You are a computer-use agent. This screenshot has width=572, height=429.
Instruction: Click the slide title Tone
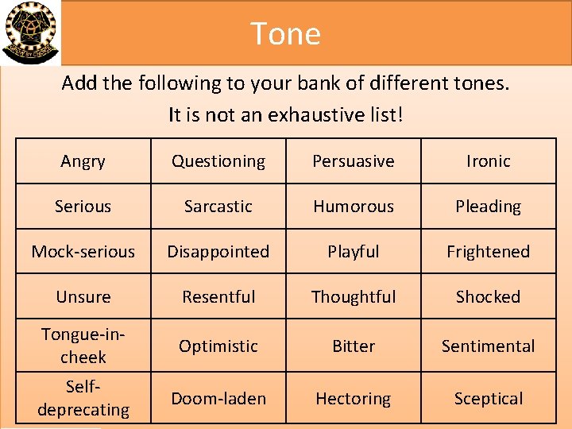[x=285, y=33]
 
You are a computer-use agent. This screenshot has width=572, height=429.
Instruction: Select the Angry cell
[x=83, y=161]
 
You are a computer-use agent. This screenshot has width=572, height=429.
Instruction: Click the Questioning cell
[x=218, y=161]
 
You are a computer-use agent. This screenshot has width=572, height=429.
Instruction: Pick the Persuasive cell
[x=354, y=161]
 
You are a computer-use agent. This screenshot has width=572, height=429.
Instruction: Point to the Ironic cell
[x=489, y=161]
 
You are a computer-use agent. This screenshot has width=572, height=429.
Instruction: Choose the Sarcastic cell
[x=218, y=207]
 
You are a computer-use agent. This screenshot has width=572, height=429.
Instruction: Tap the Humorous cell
[x=354, y=207]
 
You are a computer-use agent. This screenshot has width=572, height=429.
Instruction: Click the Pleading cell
[x=489, y=207]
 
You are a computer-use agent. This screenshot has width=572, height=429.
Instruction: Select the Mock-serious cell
[x=83, y=252]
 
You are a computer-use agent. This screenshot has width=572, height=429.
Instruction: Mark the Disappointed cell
[x=218, y=252]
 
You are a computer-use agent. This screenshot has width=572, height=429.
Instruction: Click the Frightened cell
[x=489, y=252]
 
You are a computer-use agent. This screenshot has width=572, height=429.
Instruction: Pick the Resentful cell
[x=218, y=297]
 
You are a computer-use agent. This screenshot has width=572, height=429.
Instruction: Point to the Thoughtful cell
[x=354, y=297]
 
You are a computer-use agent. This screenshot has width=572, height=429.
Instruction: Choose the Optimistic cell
[x=218, y=346]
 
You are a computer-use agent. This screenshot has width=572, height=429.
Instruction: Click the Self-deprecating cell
[x=83, y=399]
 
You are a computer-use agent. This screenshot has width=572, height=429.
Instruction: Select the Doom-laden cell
[x=218, y=399]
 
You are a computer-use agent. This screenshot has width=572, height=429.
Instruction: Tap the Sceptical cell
[x=489, y=399]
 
